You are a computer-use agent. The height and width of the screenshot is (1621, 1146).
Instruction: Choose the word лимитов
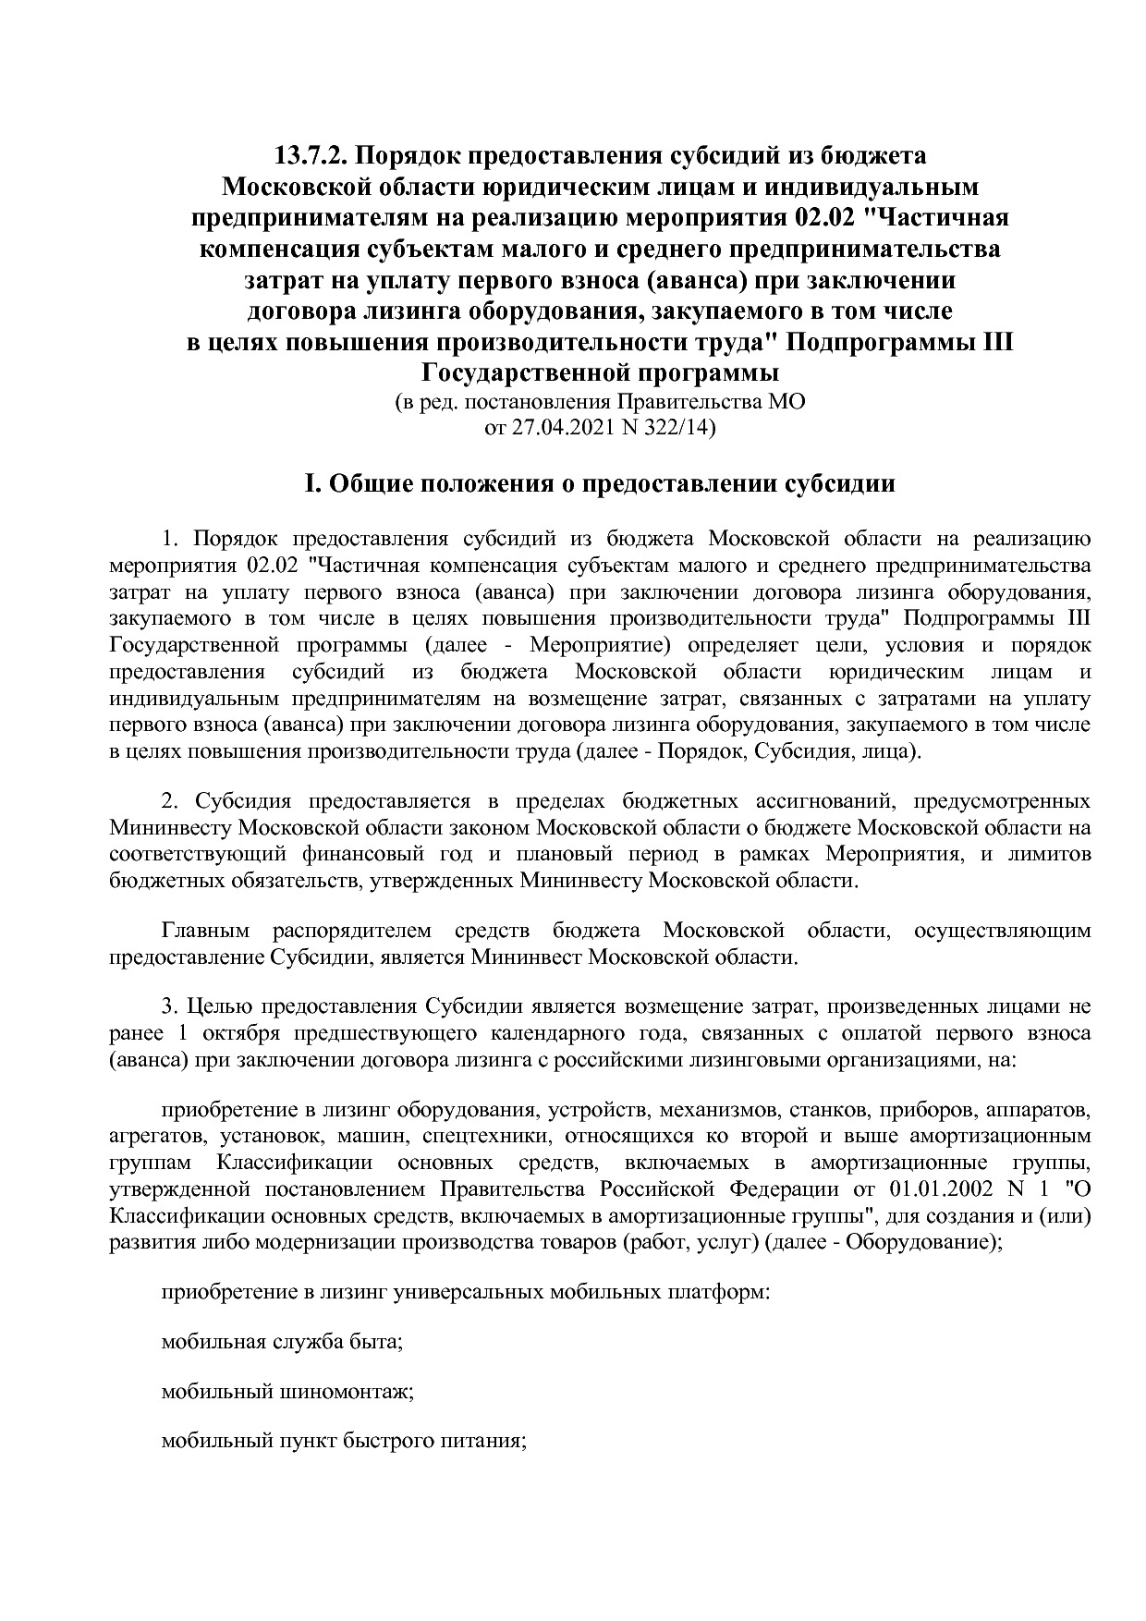1049,853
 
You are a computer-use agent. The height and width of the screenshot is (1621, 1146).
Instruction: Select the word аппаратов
1038,1109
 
